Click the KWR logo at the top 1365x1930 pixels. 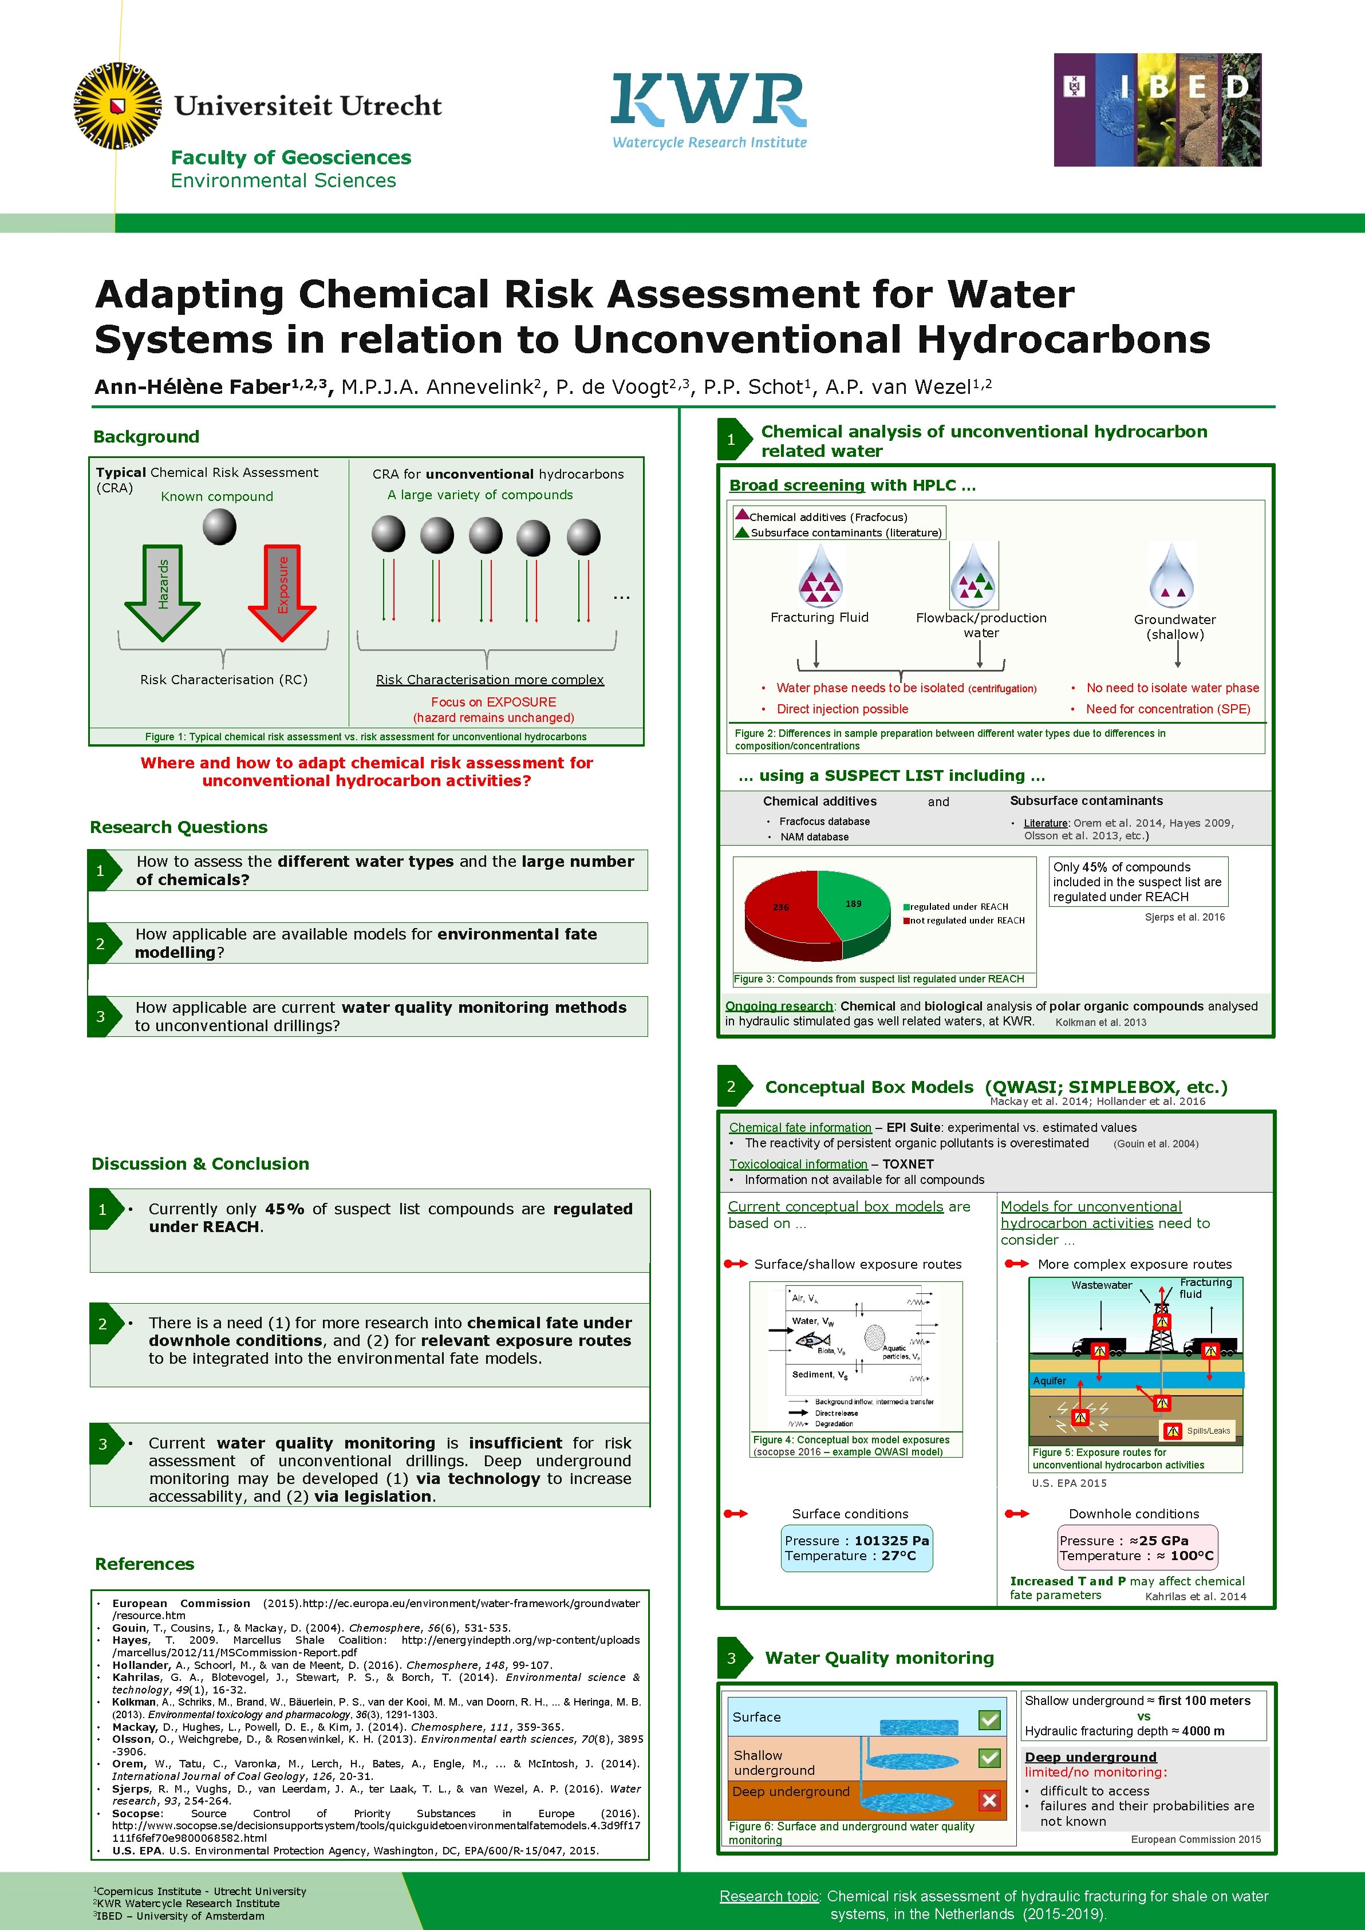tap(709, 109)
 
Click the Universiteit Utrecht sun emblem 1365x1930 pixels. tap(117, 106)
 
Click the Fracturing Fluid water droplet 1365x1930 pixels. tap(819, 577)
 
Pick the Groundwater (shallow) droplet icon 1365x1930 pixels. tap(1171, 577)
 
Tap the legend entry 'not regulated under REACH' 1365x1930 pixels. tap(966, 921)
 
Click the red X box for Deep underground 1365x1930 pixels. tap(989, 1799)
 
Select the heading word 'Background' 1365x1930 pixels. tap(146, 436)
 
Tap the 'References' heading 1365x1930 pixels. tap(144, 1564)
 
